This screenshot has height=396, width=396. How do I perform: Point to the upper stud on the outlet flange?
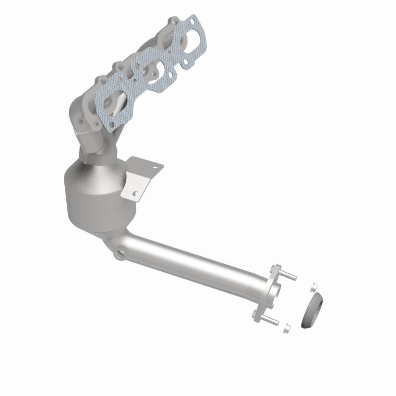289,277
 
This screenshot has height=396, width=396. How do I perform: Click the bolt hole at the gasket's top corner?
195,20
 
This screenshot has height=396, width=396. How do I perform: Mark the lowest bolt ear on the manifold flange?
100,80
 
